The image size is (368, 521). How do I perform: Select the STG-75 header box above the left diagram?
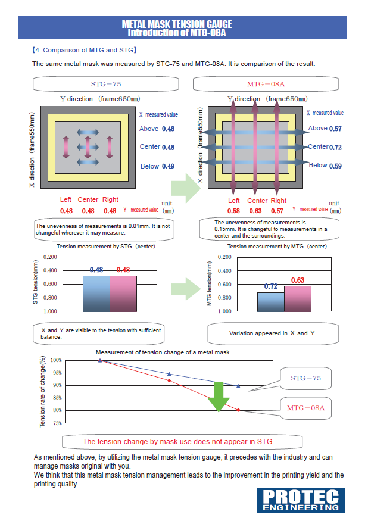click(106, 84)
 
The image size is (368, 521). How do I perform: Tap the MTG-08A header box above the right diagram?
click(266, 84)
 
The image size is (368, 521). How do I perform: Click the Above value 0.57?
click(335, 129)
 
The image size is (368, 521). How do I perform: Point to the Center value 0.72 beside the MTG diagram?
click(335, 147)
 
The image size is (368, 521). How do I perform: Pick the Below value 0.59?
click(335, 166)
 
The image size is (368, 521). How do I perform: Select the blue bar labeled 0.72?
click(270, 301)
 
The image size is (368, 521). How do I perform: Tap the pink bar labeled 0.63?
click(298, 298)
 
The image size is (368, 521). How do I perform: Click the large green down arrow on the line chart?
click(219, 396)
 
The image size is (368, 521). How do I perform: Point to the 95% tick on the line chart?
click(56, 373)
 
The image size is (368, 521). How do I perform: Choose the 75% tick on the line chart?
click(56, 423)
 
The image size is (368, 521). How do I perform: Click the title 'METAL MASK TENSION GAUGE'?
click(177, 24)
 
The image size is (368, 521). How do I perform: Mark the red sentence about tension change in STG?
click(178, 442)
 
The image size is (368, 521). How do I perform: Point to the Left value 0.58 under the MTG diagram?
click(233, 211)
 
